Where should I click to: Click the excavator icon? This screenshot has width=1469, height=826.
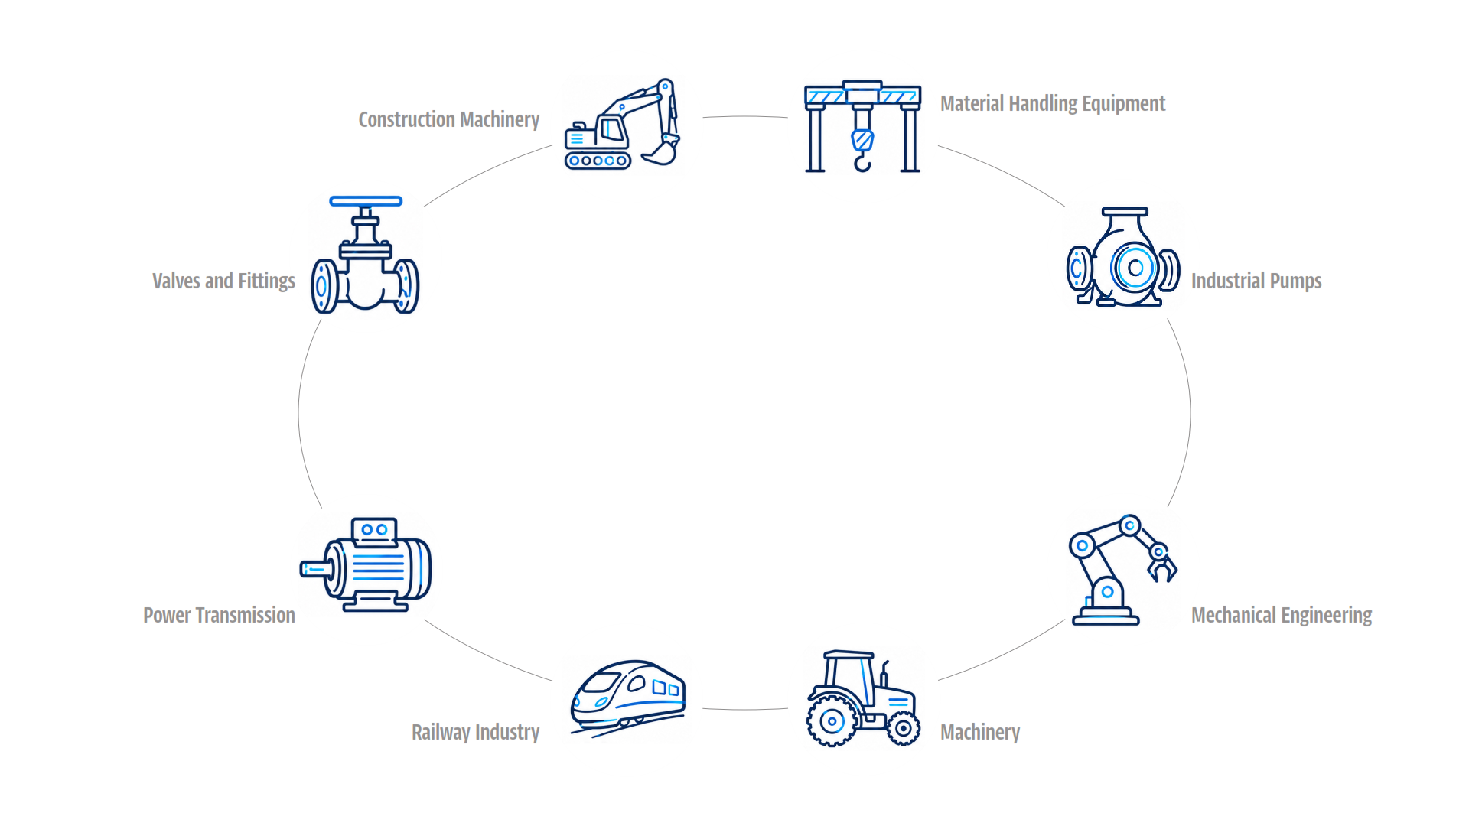click(x=622, y=124)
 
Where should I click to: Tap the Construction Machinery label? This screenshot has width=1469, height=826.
click(x=449, y=120)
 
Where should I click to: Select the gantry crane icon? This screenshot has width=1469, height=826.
click(x=862, y=126)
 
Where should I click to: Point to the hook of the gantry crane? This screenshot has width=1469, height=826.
click(x=862, y=161)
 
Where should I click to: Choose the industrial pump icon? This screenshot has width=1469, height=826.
click(x=1123, y=257)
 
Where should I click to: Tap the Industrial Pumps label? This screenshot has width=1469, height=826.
click(x=1256, y=281)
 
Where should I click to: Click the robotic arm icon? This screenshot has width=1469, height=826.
click(x=1122, y=570)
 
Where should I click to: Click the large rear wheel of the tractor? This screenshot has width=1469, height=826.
click(x=832, y=720)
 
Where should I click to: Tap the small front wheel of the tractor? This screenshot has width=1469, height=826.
click(x=904, y=728)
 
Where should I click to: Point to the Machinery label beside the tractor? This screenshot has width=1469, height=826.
click(x=980, y=733)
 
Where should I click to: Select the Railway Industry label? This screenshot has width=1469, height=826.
click(x=476, y=733)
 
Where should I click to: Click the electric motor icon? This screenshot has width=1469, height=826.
click(x=366, y=564)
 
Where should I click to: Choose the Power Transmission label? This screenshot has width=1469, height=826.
click(x=219, y=616)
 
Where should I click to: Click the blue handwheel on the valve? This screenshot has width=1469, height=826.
click(x=366, y=201)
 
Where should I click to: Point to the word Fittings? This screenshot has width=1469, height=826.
click(x=266, y=281)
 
